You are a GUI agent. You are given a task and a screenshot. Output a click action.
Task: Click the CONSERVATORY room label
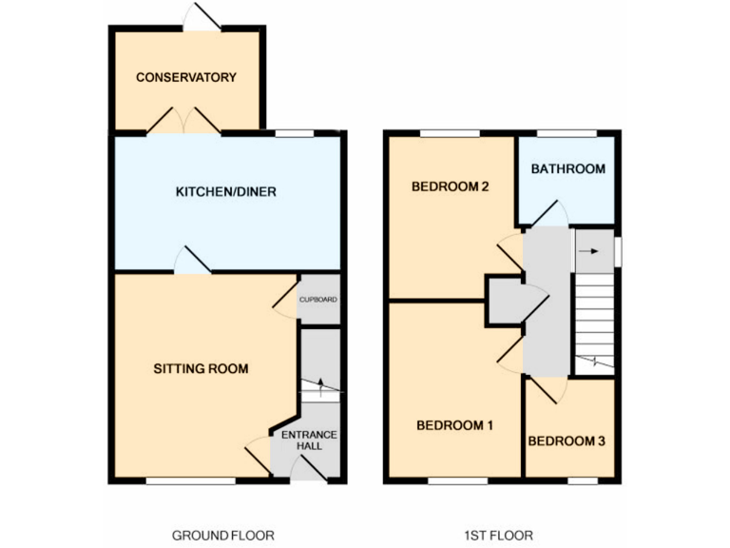[x=185, y=77]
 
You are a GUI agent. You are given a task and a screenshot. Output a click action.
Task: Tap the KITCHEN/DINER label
[x=226, y=192]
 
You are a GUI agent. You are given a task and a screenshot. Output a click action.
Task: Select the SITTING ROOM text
[x=201, y=368]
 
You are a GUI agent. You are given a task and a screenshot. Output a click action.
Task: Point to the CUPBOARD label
[x=318, y=300]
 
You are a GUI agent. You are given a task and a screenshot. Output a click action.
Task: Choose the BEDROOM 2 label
[x=450, y=186]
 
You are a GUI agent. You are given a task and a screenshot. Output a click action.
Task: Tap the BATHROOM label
[x=567, y=169]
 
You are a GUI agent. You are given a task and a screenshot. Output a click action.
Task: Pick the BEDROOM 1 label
[x=454, y=425]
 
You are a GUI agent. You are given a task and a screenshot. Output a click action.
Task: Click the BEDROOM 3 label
[x=567, y=441]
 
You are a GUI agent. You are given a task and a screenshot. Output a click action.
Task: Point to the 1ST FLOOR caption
[x=497, y=535]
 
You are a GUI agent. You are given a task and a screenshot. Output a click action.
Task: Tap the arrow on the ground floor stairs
[x=320, y=386]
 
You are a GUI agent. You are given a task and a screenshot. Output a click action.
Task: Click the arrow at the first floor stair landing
[x=593, y=252]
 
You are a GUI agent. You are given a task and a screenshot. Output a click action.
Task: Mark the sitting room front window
[x=190, y=480]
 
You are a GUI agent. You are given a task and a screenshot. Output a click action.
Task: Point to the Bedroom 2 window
[x=450, y=133]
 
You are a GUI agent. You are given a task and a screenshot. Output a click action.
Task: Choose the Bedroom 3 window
[x=582, y=480]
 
